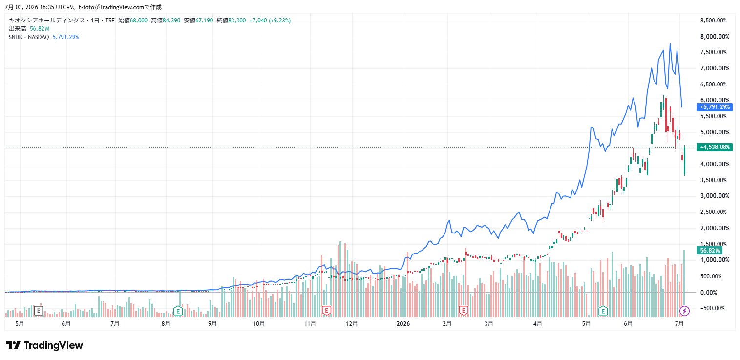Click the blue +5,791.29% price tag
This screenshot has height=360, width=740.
click(x=714, y=107)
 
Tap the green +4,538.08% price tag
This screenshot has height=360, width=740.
click(x=714, y=147)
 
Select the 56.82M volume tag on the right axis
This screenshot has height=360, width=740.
click(x=709, y=251)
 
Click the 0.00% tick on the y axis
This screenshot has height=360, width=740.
click(x=709, y=292)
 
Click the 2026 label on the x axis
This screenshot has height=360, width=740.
click(x=403, y=324)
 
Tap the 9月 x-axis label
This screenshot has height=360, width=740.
click(x=212, y=324)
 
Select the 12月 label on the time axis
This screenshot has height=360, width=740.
click(x=352, y=324)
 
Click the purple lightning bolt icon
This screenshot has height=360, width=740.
click(x=684, y=311)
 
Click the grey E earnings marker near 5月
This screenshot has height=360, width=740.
click(x=39, y=311)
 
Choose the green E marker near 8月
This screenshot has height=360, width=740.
click(x=178, y=311)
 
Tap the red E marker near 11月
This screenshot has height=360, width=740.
click(x=326, y=311)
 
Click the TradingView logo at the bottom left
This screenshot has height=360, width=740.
click(x=44, y=345)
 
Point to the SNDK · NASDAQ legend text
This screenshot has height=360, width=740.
click(x=29, y=37)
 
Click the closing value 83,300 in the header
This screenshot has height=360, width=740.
click(x=237, y=21)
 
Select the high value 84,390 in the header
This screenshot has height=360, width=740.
click(x=171, y=21)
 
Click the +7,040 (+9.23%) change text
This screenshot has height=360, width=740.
click(x=270, y=21)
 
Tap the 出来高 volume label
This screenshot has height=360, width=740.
click(x=18, y=29)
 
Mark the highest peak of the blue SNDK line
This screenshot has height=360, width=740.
click(x=670, y=43)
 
